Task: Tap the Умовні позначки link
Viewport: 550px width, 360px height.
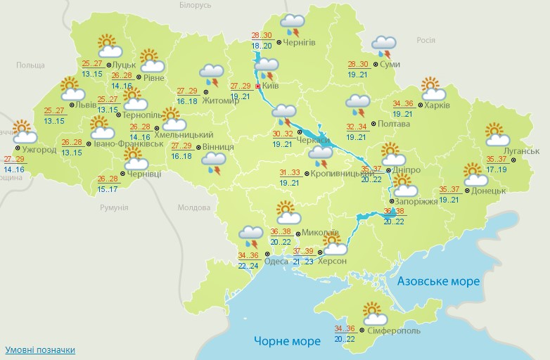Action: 40,349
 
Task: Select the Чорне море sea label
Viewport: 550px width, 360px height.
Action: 287,341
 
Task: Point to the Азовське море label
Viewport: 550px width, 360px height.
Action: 438,281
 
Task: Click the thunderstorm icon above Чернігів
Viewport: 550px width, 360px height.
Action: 292,25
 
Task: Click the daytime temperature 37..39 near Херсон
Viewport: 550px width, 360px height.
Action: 303,251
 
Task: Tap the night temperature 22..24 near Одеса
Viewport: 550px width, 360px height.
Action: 248,266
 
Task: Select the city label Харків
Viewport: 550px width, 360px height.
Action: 437,106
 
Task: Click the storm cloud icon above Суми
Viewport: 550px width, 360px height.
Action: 383,46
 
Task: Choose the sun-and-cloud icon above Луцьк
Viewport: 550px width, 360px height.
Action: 109,46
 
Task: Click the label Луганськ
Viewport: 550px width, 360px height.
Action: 521,151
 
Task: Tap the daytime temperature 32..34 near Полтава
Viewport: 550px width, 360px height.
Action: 357,127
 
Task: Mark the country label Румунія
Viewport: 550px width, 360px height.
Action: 114,208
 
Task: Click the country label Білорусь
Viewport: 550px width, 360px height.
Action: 195,6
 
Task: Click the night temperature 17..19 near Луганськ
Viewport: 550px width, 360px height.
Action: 496,169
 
